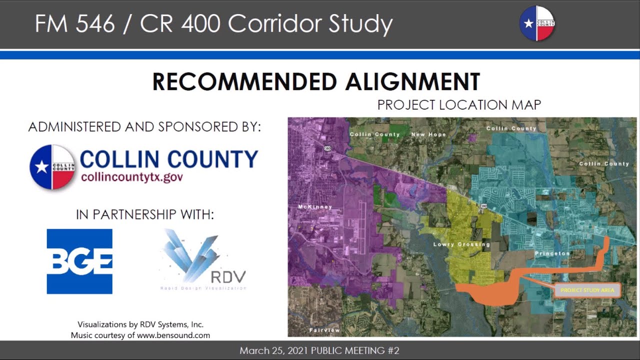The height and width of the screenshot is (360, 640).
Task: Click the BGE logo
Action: tap(79, 261)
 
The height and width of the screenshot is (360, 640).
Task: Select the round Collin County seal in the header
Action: tap(537, 23)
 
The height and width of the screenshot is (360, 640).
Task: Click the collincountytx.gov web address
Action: tap(132, 177)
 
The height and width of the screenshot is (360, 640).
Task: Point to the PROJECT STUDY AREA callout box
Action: tap(587, 290)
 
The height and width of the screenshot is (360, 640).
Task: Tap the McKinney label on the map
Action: tap(315, 206)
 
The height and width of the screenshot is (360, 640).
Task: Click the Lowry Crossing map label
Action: tap(461, 244)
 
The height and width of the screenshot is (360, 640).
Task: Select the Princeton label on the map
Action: tap(552, 253)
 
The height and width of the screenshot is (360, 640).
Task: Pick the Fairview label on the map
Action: tap(324, 330)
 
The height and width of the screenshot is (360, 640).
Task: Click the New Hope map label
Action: tap(428, 134)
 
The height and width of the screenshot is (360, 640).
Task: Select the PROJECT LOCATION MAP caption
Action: tap(459, 105)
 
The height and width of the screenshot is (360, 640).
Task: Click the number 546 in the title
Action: tap(95, 23)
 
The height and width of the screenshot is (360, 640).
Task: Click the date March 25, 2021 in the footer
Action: tap(273, 350)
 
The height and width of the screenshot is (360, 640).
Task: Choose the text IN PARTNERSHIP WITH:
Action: tap(145, 214)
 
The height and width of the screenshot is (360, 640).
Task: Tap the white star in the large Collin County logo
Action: tap(41, 167)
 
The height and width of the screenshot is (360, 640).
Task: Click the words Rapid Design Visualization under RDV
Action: tap(203, 288)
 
